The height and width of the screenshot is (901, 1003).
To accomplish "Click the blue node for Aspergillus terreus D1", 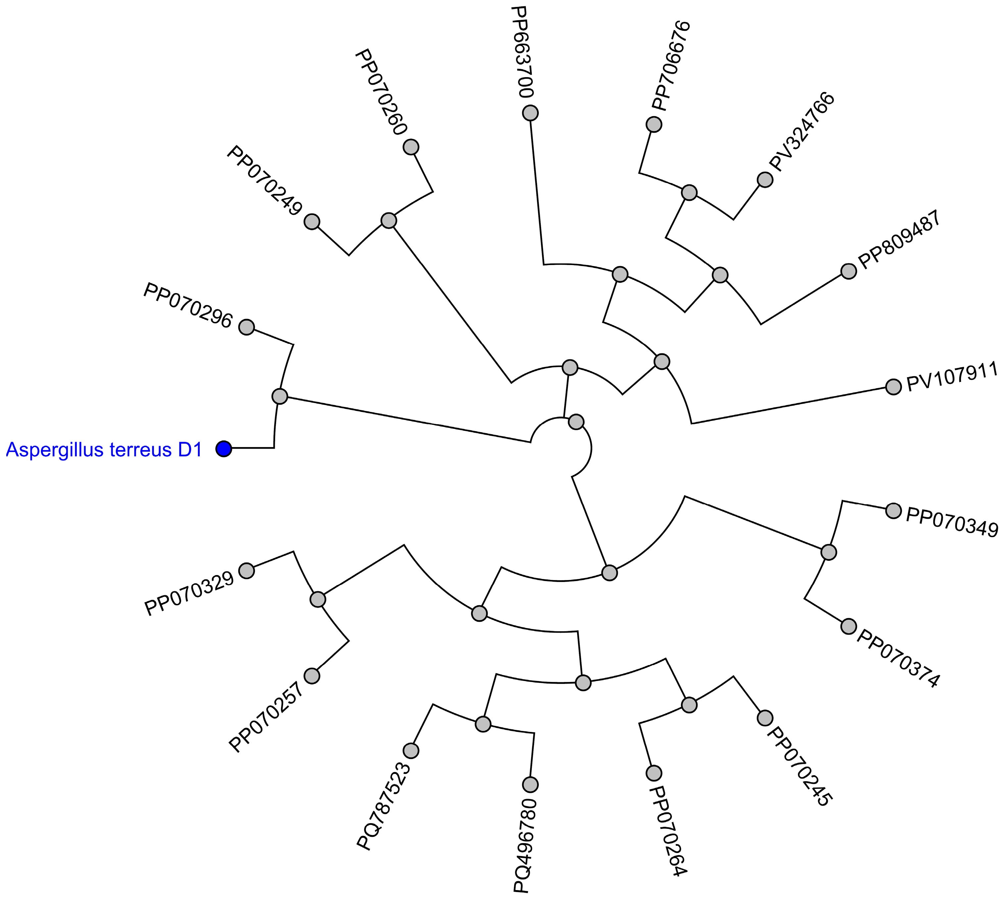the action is tap(224, 449).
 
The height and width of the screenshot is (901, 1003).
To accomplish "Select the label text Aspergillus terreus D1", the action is tap(104, 450).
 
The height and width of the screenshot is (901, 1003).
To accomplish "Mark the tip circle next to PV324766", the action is tap(765, 179).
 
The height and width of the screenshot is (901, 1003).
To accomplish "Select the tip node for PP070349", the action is tap(893, 511).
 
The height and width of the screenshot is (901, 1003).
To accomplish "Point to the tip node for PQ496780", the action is tap(530, 784).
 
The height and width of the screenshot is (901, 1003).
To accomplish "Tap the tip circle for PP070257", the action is tap(312, 676).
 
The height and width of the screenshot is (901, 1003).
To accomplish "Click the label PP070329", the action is tap(189, 594).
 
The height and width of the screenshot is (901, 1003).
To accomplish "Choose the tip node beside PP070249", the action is tap(312, 221).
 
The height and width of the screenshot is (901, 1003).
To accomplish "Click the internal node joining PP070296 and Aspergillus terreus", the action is tap(280, 396).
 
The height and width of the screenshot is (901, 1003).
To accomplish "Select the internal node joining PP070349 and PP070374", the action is tap(828, 552).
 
